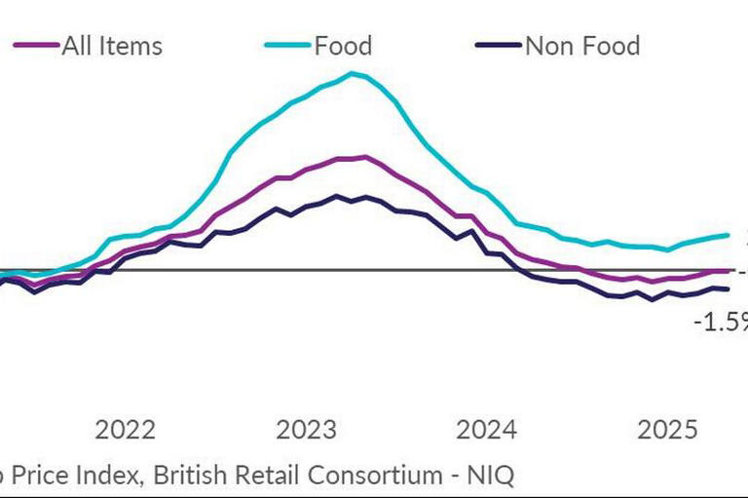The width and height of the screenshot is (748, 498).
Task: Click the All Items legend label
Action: [x=112, y=46]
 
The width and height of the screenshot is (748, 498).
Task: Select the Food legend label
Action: [x=343, y=46]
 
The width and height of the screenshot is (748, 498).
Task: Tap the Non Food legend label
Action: [x=582, y=46]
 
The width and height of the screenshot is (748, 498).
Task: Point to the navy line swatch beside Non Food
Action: [x=497, y=46]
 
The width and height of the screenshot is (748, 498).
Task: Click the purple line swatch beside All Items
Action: [x=34, y=46]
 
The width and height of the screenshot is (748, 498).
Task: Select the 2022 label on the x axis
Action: [x=126, y=430]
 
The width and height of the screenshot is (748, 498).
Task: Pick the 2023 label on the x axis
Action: [x=307, y=430]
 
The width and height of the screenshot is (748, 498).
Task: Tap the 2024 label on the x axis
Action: [x=486, y=430]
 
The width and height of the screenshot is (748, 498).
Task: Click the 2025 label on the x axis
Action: [x=667, y=430]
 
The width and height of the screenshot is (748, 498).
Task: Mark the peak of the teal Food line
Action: [x=352, y=73]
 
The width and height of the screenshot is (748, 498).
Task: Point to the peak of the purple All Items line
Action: [x=363, y=156]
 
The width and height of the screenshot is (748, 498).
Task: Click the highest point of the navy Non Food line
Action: [x=336, y=196]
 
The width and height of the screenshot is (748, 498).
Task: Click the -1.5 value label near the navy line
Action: [x=719, y=322]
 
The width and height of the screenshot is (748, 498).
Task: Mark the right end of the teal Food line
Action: [x=729, y=235]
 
